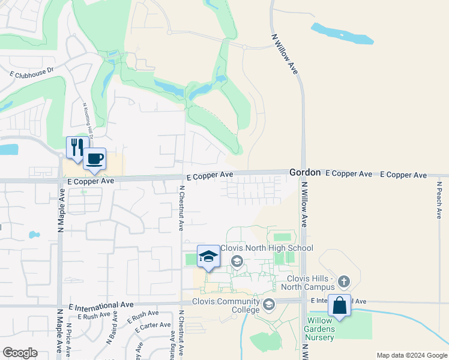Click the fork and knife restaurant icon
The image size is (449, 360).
point(77,147)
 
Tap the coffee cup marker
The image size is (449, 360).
point(95,159)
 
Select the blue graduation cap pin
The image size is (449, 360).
point(208,256)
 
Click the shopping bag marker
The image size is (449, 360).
point(339,305)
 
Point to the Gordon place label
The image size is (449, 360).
point(305,172)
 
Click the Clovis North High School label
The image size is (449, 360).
point(267,248)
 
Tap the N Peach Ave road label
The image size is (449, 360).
point(439,200)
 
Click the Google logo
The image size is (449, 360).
point(20,353)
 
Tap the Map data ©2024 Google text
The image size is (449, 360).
point(411,355)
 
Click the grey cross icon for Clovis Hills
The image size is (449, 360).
point(343,281)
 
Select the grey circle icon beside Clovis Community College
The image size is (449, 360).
point(269,304)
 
